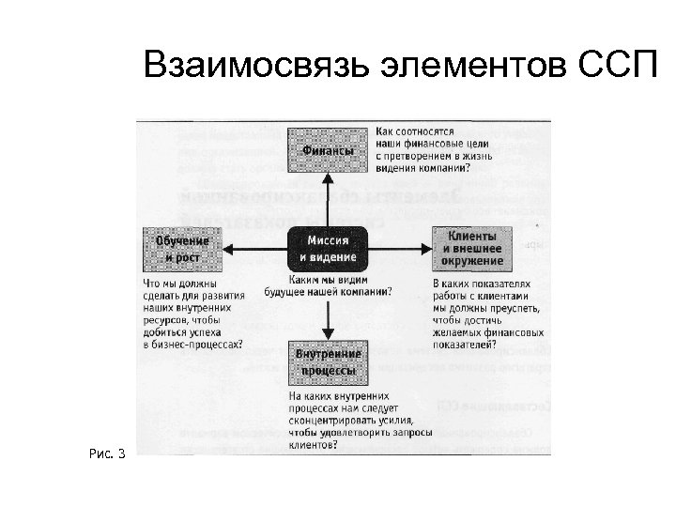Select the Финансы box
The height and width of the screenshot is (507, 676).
pos(328,151)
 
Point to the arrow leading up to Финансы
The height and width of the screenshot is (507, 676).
pos(328,197)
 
